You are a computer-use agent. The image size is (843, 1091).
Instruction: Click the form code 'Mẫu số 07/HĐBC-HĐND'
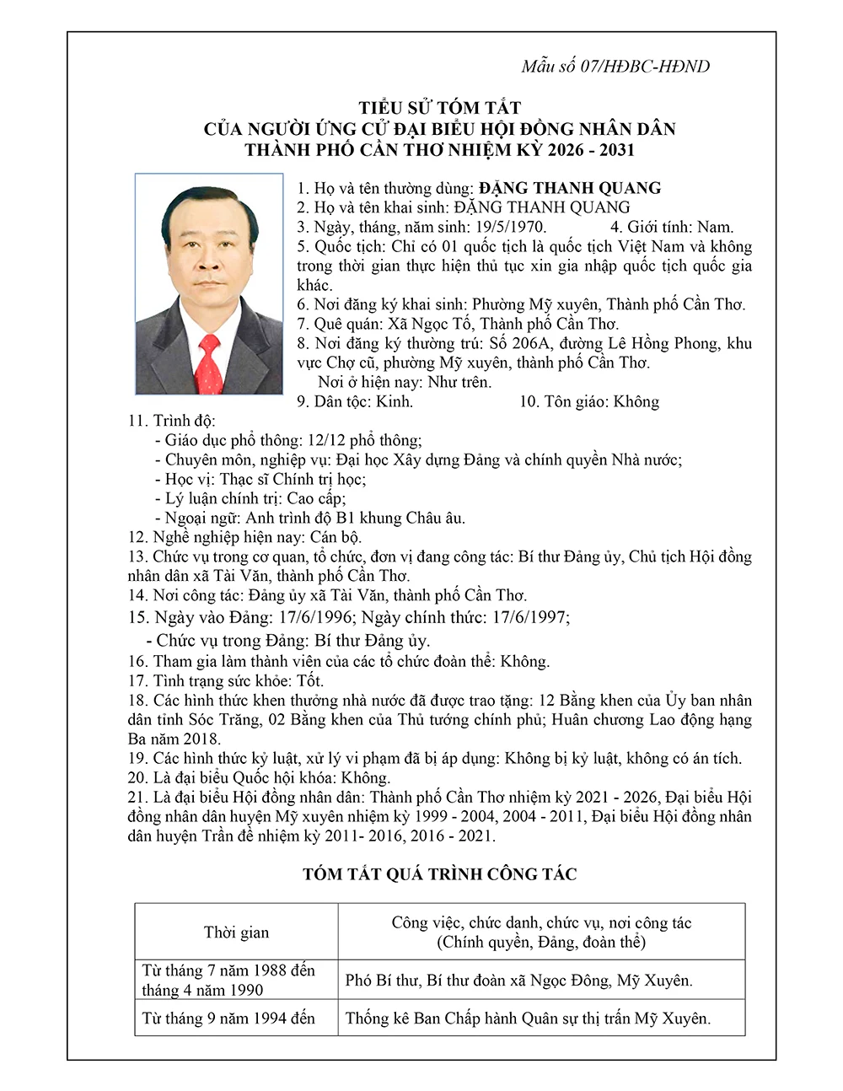[x=615, y=67]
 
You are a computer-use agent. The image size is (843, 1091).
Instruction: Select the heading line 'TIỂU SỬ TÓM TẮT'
[x=439, y=108]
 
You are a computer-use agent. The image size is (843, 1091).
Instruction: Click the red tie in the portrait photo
[x=209, y=363]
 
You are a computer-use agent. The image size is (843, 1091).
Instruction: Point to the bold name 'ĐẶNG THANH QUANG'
[x=570, y=188]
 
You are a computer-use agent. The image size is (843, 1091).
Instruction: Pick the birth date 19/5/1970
[x=510, y=227]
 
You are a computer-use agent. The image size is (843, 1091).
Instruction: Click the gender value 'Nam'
[x=716, y=227]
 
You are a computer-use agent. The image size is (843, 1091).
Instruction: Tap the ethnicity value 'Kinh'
[x=395, y=401]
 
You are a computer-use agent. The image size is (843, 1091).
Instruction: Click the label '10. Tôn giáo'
[x=563, y=401]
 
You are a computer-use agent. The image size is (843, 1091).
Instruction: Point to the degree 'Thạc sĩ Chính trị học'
[x=293, y=479]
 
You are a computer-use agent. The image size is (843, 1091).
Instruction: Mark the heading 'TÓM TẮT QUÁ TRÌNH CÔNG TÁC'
[x=439, y=874]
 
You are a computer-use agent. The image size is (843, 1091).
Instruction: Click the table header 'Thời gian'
[x=236, y=932]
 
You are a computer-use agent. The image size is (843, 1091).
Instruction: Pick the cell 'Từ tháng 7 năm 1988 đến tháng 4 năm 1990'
[x=228, y=980]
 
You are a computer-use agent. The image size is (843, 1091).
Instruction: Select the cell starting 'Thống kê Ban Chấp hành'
[x=528, y=1018]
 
